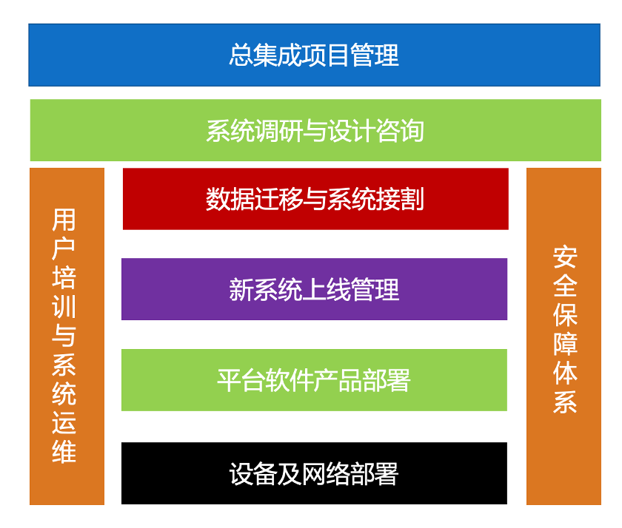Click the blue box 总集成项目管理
click(x=314, y=55)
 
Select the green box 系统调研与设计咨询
click(x=315, y=130)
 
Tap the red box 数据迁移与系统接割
click(x=315, y=199)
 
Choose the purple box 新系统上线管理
click(x=314, y=289)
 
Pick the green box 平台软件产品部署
click(x=314, y=380)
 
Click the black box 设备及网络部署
click(x=314, y=473)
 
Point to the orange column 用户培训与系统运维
click(x=67, y=336)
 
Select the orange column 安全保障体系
click(x=564, y=336)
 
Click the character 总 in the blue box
click(x=241, y=55)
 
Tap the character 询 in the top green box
click(x=412, y=130)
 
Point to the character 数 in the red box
click(x=218, y=199)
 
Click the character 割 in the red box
click(x=412, y=199)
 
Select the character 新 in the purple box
click(x=241, y=290)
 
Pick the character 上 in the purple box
click(x=314, y=290)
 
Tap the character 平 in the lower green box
click(x=230, y=380)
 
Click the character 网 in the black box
click(x=314, y=474)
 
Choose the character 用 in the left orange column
click(x=64, y=220)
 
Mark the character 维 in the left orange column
click(x=64, y=452)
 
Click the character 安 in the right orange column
click(x=565, y=257)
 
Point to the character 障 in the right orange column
click(x=565, y=344)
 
